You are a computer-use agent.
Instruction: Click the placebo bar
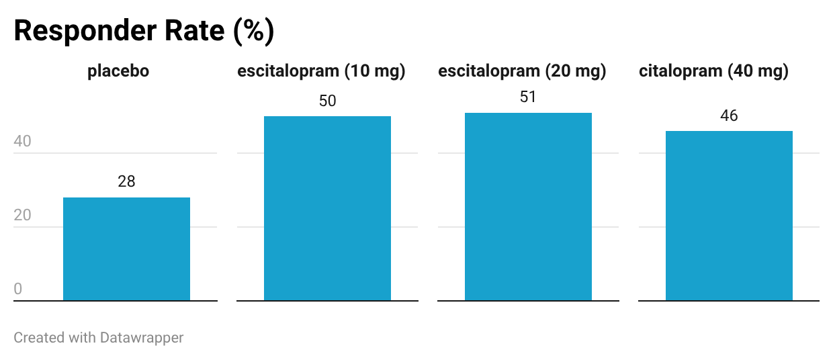(x=126, y=249)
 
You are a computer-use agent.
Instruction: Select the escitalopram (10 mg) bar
(x=327, y=208)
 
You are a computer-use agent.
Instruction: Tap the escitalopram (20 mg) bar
(x=528, y=206)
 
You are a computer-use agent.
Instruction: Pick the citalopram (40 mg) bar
(x=729, y=216)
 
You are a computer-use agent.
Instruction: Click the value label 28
(x=126, y=181)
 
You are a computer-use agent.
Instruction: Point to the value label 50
(x=327, y=101)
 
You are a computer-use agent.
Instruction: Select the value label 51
(x=528, y=97)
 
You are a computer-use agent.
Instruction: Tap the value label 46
(x=729, y=116)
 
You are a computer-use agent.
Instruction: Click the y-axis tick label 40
(x=22, y=141)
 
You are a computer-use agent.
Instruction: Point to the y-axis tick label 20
(x=22, y=215)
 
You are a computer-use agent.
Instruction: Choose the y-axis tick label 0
(x=18, y=289)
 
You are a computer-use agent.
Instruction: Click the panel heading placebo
(x=118, y=71)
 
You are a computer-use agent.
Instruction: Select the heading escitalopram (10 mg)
(x=321, y=71)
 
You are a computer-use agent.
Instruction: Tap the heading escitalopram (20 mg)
(x=522, y=71)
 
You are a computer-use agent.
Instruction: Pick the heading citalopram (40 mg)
(x=713, y=71)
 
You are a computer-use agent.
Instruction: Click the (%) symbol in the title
(x=254, y=32)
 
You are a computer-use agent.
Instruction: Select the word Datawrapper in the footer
(x=142, y=338)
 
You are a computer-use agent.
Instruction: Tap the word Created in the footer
(x=39, y=338)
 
